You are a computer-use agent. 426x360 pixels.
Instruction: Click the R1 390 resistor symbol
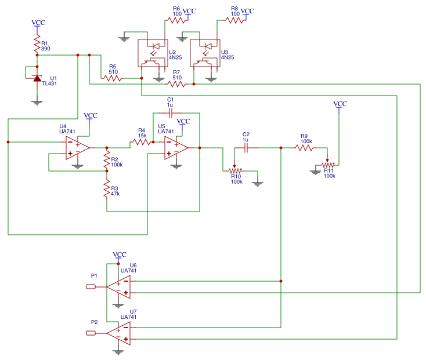point(37,45)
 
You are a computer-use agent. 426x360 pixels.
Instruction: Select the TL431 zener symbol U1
point(37,78)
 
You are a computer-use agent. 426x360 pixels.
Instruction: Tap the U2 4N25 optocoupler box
point(151,52)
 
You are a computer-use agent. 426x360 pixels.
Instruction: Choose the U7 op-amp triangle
point(119,333)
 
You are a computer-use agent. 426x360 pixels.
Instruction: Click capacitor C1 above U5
point(171,112)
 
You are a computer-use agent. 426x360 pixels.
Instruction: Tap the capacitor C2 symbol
point(246,148)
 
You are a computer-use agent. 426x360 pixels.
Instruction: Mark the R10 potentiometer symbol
point(235,170)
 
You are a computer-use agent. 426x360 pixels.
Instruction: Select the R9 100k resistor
point(305,148)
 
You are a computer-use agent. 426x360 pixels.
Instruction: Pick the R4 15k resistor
point(141,141)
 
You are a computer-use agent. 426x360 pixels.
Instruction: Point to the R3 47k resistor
point(107,189)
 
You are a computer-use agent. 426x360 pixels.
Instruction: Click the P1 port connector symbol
point(91,287)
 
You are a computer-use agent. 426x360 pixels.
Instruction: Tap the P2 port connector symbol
point(91,333)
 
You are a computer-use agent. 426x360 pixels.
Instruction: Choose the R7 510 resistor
point(176,84)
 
